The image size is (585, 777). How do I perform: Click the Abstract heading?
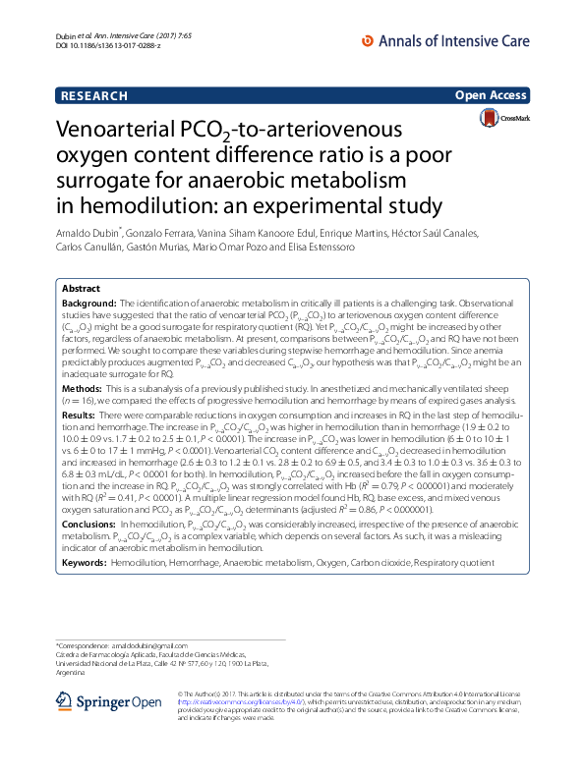coord(81,290)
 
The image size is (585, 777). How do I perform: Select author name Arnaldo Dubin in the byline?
coord(88,233)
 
